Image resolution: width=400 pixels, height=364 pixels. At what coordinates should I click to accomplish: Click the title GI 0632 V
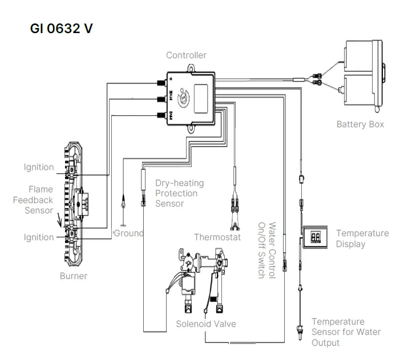(x=61, y=29)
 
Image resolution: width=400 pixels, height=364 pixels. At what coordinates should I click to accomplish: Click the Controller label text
(x=186, y=55)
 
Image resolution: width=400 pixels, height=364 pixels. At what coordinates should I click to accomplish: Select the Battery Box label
(x=360, y=124)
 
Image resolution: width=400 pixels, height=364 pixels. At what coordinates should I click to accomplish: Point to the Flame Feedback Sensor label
(x=40, y=200)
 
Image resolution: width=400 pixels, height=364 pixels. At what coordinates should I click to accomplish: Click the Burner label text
(x=74, y=276)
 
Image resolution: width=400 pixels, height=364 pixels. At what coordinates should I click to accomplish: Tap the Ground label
(x=129, y=233)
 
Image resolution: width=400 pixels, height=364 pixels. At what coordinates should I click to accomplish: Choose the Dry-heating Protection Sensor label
(x=179, y=193)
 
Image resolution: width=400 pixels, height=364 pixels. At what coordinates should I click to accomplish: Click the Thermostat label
(x=217, y=237)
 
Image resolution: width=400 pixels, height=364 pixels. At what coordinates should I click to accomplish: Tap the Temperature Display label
(x=362, y=238)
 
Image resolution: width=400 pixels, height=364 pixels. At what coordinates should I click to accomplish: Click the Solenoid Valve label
(x=206, y=323)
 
